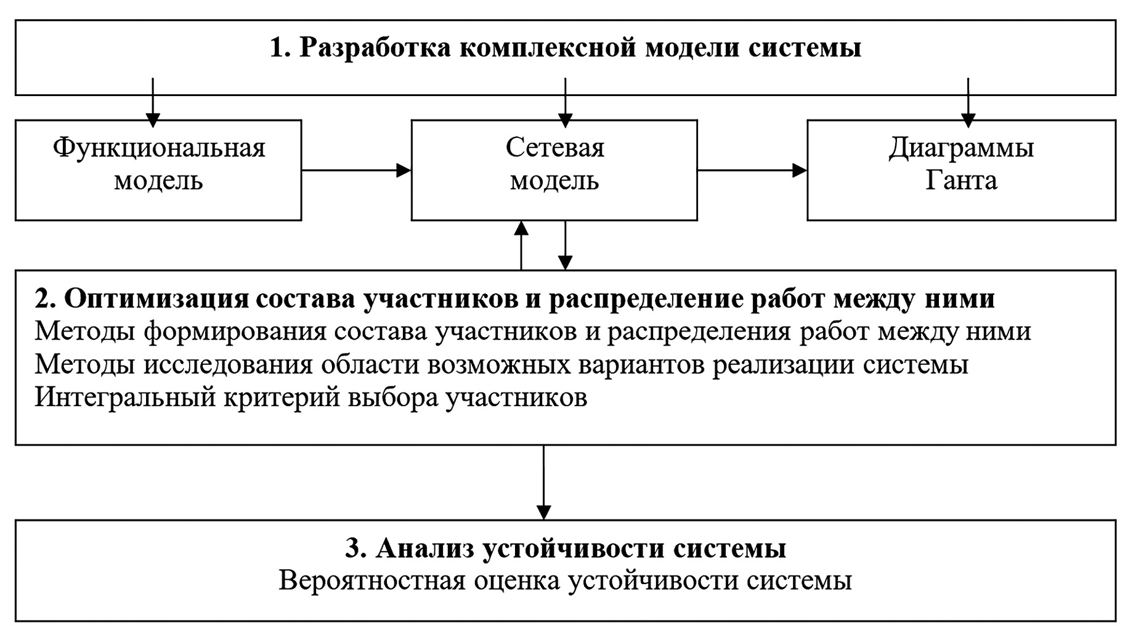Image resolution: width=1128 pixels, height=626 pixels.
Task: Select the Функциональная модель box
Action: tap(158, 169)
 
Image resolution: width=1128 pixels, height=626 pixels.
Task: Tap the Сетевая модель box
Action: tap(554, 169)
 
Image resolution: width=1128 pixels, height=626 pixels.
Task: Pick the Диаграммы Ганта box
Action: tap(961, 169)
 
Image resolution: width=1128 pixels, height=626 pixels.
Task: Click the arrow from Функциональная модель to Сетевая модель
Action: tap(356, 170)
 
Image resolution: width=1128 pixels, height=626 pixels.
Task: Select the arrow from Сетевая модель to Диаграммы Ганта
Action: tap(752, 170)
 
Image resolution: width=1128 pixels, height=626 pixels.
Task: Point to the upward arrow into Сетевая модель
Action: tap(521, 245)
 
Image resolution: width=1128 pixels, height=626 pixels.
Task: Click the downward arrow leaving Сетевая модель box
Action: tap(565, 245)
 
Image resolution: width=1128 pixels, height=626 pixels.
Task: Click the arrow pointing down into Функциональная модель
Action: tap(153, 102)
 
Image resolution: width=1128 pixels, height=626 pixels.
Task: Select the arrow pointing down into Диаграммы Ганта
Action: tap(968, 102)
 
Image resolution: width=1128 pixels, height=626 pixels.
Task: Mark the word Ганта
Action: tap(961, 181)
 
